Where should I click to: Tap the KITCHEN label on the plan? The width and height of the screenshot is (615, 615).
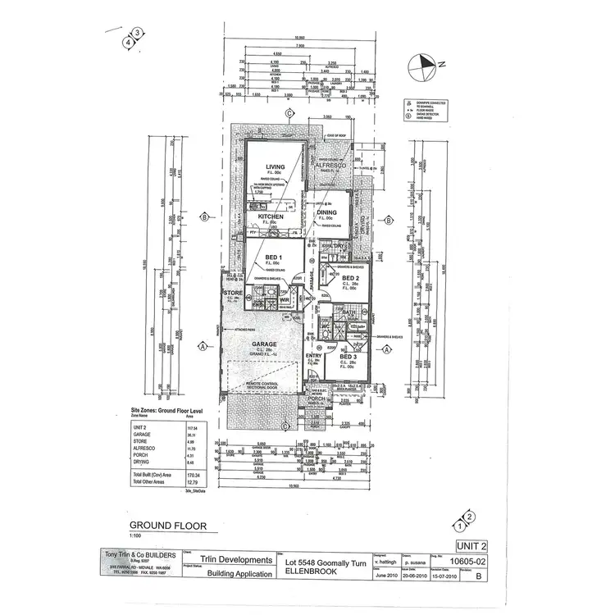click(x=271, y=217)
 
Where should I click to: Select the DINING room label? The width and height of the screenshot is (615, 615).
click(x=327, y=212)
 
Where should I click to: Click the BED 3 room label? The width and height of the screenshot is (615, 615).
click(x=348, y=358)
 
